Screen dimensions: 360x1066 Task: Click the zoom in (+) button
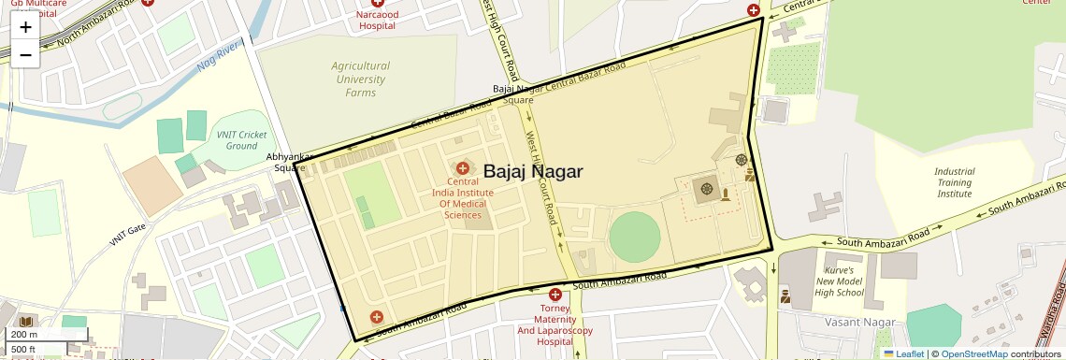(x=25, y=27)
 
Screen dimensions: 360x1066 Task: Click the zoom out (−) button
(x=25, y=54)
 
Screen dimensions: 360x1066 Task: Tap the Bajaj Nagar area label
(x=533, y=171)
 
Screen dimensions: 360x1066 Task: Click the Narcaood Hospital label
(x=371, y=21)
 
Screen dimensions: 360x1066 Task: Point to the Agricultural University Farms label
(x=361, y=79)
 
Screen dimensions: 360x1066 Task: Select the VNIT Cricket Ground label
(x=241, y=140)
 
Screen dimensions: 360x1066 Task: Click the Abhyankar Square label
(x=287, y=162)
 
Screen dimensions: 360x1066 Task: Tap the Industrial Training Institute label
(x=954, y=182)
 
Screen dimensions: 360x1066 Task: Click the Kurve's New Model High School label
(x=839, y=281)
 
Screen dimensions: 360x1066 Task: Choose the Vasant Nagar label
(x=859, y=322)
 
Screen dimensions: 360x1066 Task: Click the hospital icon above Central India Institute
(x=462, y=166)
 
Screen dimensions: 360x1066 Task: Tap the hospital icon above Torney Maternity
(x=555, y=294)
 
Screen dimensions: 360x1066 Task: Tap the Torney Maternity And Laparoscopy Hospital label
(x=555, y=325)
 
